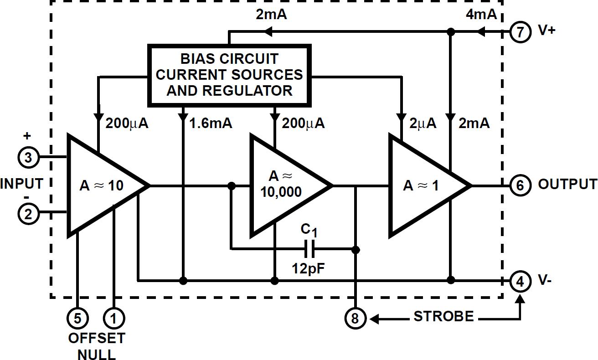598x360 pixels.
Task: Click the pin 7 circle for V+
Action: pos(521,32)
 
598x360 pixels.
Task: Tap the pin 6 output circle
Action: pos(521,185)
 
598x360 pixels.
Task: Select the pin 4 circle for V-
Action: pos(521,281)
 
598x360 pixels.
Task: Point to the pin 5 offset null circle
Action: pos(78,318)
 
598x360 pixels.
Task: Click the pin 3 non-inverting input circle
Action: pos(29,158)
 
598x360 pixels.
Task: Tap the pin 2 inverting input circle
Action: pos(29,214)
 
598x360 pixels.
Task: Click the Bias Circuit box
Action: pos(229,75)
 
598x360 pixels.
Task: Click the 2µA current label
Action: pos(423,123)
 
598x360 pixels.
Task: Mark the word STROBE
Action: pos(443,316)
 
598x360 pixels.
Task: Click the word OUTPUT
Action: pos(567,184)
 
